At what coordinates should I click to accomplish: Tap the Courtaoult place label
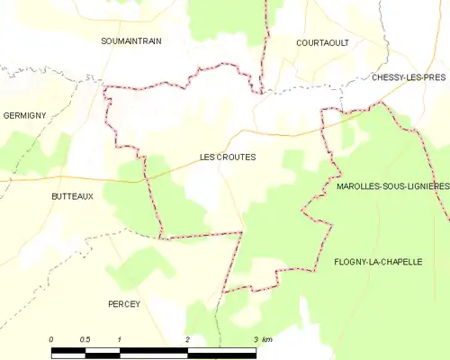tap(322, 42)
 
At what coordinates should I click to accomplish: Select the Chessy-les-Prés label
tap(409, 78)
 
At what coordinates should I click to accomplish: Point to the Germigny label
tap(24, 116)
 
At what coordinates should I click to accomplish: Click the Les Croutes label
tap(228, 157)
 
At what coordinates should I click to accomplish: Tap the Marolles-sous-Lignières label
tap(392, 186)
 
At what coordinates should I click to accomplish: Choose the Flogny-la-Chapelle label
tap(378, 262)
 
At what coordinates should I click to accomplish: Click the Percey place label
tap(124, 304)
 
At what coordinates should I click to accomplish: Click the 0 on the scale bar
tap(51, 339)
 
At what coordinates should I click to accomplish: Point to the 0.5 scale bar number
tap(85, 339)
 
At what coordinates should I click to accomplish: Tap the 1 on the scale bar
tap(119, 339)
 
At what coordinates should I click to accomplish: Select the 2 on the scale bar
tap(187, 339)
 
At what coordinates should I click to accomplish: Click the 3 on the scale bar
tap(256, 339)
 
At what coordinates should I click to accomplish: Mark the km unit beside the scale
tap(266, 339)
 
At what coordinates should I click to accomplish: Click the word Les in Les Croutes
tap(208, 157)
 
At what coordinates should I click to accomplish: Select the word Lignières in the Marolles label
tap(427, 186)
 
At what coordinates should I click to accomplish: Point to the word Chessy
tap(387, 78)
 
